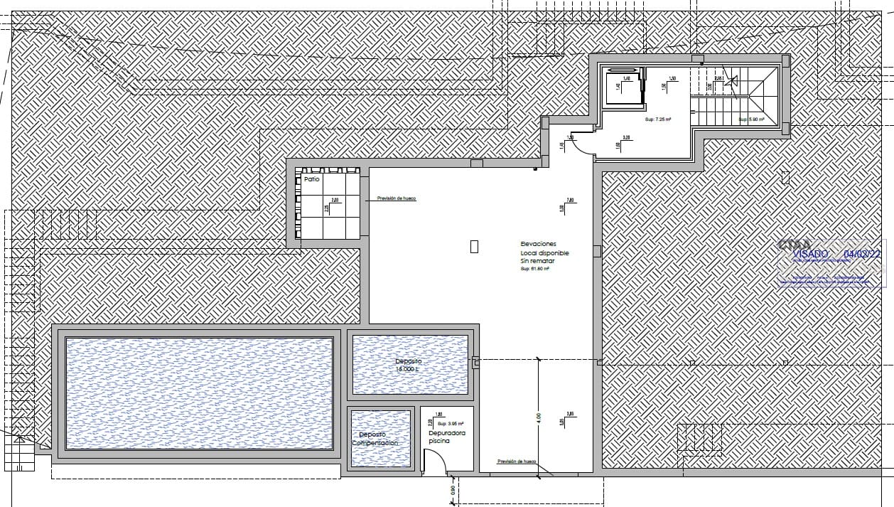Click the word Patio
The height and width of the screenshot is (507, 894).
tap(312, 180)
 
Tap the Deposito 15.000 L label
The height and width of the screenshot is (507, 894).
tap(409, 365)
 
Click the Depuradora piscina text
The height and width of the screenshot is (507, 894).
tap(446, 437)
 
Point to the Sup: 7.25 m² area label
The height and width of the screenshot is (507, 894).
tap(658, 120)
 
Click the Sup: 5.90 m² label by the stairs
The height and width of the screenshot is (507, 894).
tap(751, 119)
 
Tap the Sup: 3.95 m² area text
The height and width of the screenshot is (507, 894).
tap(451, 423)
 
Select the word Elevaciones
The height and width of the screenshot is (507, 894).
tap(538, 244)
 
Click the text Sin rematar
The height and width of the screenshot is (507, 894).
tap(537, 261)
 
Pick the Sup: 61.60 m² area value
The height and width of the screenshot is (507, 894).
tap(537, 269)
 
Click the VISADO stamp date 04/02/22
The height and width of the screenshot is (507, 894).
tap(861, 253)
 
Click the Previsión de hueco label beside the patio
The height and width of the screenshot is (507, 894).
tap(396, 198)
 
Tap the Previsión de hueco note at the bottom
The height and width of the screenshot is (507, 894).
tap(517, 461)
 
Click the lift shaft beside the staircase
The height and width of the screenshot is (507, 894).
tap(623, 87)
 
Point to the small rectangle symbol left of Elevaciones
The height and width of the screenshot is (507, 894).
tap(474, 247)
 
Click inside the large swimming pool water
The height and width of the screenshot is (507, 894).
tap(199, 393)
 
